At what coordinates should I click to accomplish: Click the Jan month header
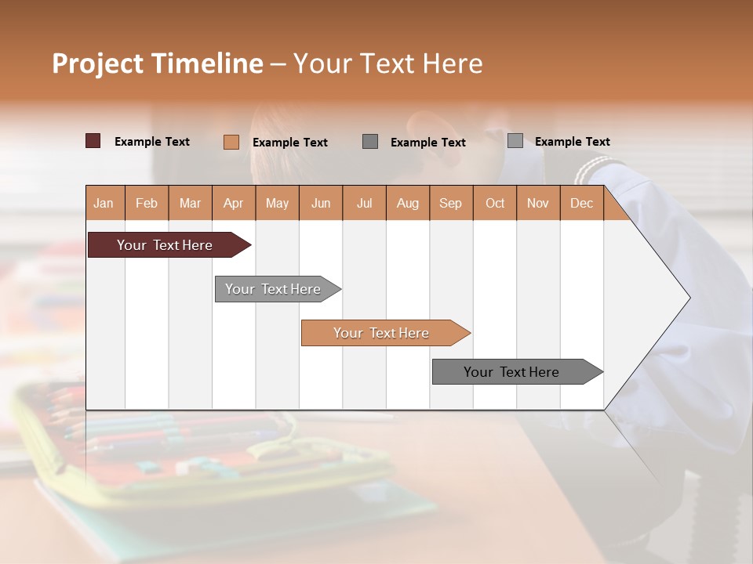pyautogui.click(x=104, y=203)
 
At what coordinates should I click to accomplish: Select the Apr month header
pyautogui.click(x=233, y=203)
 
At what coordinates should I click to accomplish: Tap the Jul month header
pyautogui.click(x=364, y=203)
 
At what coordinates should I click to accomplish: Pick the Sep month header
pyautogui.click(x=450, y=203)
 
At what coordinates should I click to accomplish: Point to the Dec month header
pyautogui.click(x=581, y=203)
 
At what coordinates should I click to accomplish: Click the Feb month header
pyautogui.click(x=147, y=203)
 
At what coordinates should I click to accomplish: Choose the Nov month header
pyautogui.click(x=537, y=203)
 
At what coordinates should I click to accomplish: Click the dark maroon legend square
pyautogui.click(x=93, y=141)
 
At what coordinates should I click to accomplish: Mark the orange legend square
pyautogui.click(x=231, y=142)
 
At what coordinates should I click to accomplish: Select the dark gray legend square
pyautogui.click(x=370, y=141)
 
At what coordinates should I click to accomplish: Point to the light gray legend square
pyautogui.click(x=515, y=141)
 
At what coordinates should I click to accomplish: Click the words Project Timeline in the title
pyautogui.click(x=157, y=63)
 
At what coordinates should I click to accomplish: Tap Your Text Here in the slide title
pyautogui.click(x=387, y=63)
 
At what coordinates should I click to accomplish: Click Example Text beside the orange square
pyautogui.click(x=289, y=143)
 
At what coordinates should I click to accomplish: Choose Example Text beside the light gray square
pyautogui.click(x=572, y=142)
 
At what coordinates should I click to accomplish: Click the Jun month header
pyautogui.click(x=320, y=203)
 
